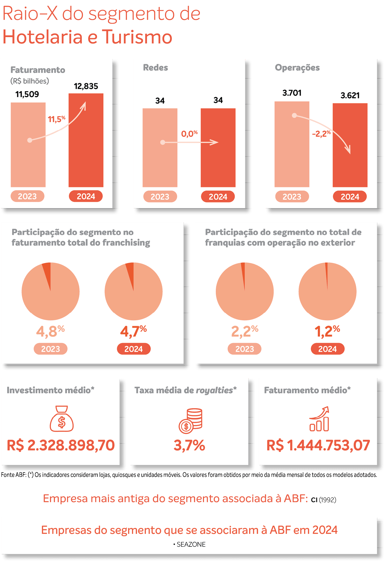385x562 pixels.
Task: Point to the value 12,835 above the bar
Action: (86, 86)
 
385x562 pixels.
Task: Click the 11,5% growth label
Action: (56, 119)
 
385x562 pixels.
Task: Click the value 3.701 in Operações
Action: (292, 93)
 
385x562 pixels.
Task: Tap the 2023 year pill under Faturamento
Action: (27, 196)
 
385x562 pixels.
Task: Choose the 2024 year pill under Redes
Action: (218, 197)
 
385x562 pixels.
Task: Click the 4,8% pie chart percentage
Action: (50, 332)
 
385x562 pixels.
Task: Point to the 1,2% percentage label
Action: (327, 332)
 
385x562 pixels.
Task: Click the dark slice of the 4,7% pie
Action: (130, 271)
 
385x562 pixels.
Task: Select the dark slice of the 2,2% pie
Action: (243, 271)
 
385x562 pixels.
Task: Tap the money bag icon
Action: (62, 419)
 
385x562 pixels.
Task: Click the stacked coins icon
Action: (190, 421)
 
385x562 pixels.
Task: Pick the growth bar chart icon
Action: (319, 419)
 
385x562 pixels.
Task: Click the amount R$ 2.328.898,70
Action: (61, 445)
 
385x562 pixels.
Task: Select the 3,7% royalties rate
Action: (189, 445)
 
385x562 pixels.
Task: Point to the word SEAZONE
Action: (191, 544)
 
